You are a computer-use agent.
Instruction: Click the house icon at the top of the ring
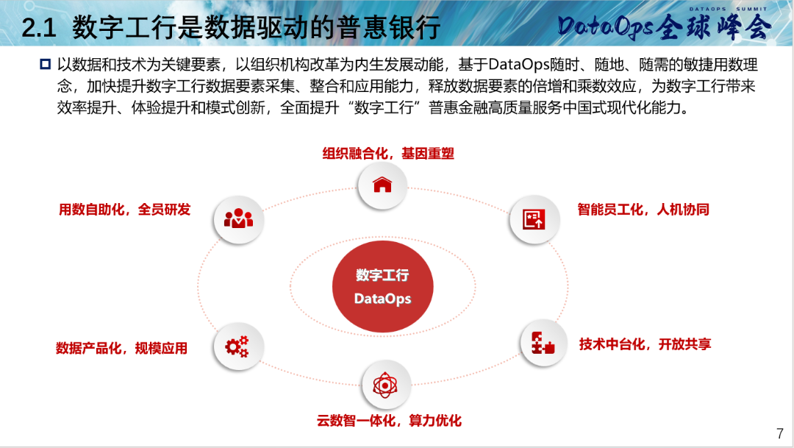pos(382,185)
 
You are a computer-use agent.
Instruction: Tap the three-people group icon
pos(238,218)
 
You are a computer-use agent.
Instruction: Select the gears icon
pos(237,346)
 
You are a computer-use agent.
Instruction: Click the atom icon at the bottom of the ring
pos(385,385)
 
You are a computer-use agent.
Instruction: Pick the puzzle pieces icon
pos(543,343)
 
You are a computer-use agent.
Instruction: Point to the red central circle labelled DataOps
pos(383,286)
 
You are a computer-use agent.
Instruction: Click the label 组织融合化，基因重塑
pos(388,154)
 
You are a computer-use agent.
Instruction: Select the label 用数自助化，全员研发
pos(124,210)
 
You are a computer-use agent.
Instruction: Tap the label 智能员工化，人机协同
pos(643,210)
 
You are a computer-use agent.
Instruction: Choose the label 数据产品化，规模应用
pos(121,348)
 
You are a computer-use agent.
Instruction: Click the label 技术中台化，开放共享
pos(645,344)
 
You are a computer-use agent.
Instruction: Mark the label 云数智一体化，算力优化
pos(389,421)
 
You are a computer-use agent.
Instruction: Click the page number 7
pos(780,434)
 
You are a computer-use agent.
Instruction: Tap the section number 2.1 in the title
pos(38,27)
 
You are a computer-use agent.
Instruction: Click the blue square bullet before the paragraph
pos(45,64)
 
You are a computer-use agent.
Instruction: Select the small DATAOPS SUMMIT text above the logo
pos(728,9)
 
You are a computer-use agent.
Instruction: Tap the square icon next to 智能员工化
pos(534,219)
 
